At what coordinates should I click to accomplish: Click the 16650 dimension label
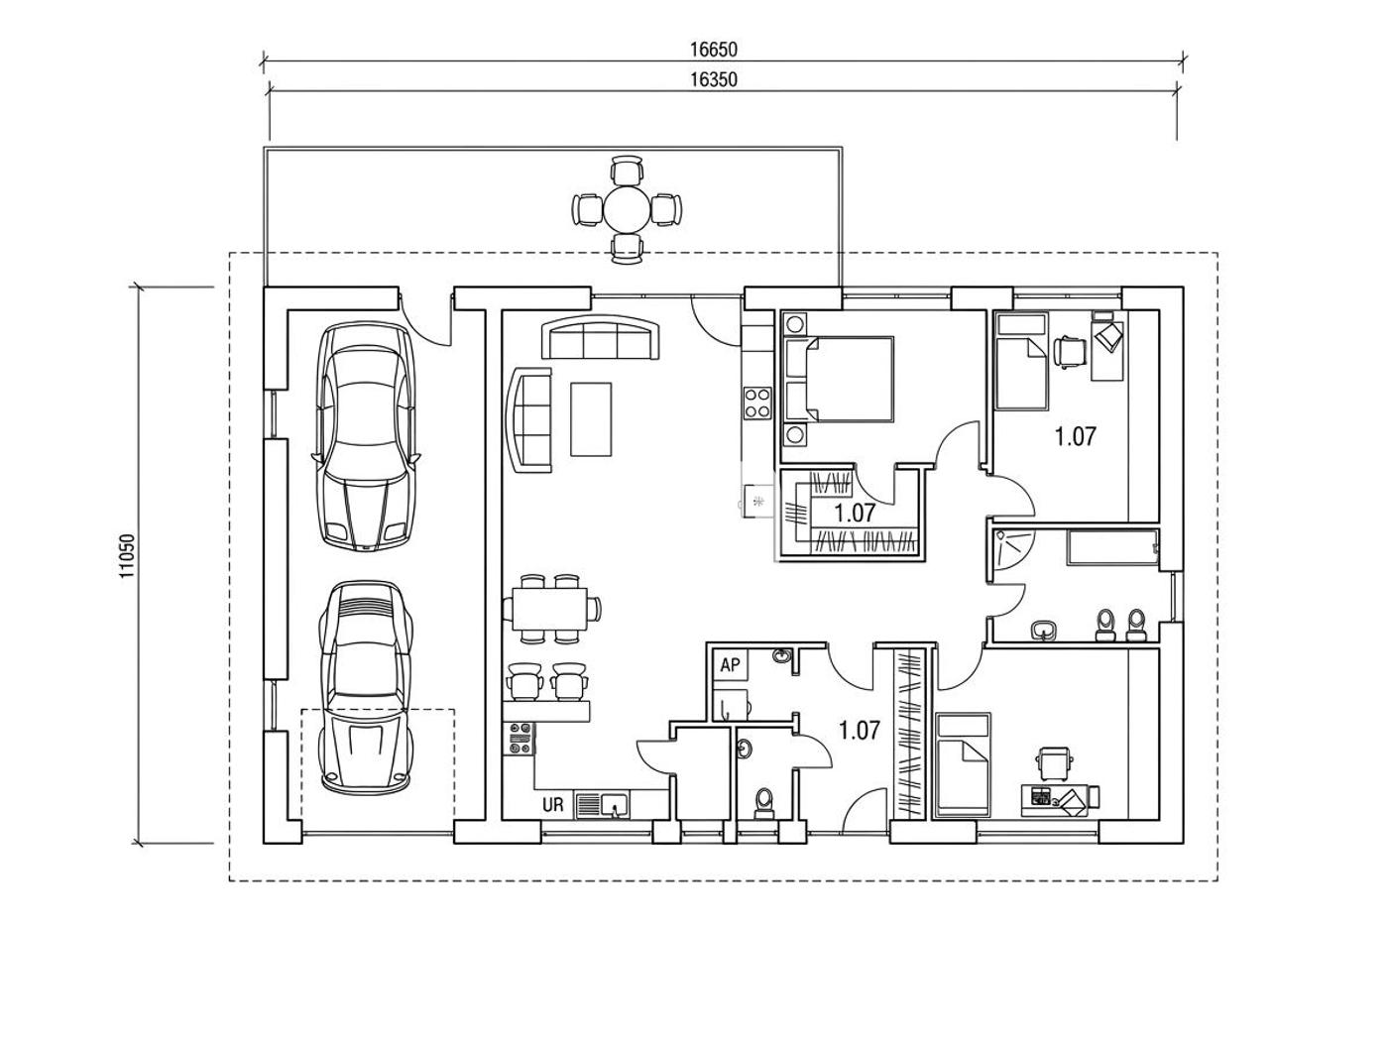click(x=713, y=49)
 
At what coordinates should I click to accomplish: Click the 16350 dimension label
click(x=713, y=79)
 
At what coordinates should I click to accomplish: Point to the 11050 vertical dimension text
click(x=127, y=556)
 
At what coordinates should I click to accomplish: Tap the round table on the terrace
click(x=627, y=209)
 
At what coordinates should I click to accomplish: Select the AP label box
click(x=731, y=665)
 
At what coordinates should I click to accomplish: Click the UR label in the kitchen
click(x=552, y=805)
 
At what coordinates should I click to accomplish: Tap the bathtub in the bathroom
click(x=1113, y=546)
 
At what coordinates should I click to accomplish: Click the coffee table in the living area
click(x=591, y=419)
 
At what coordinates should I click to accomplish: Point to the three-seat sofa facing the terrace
click(x=601, y=337)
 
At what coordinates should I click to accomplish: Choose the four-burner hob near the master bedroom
click(x=757, y=403)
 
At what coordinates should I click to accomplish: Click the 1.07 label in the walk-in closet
click(x=855, y=514)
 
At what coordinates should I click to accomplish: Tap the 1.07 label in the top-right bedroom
click(x=1075, y=436)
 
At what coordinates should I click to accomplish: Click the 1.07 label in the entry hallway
click(x=860, y=731)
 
